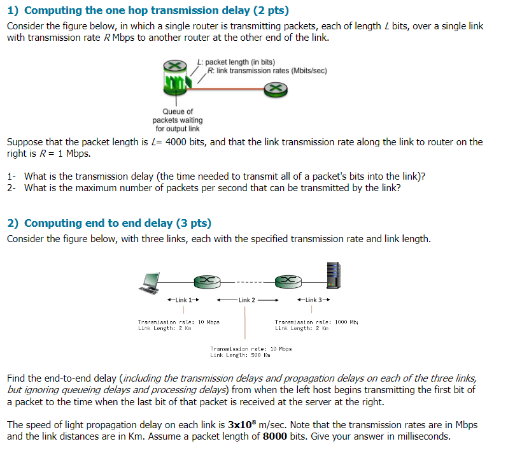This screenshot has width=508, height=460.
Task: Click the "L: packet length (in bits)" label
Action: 236,62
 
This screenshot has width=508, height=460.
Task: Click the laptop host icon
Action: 151,282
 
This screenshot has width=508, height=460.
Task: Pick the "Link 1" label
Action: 183,299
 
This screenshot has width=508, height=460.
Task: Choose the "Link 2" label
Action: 246,300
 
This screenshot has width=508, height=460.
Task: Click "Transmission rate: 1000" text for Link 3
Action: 314,322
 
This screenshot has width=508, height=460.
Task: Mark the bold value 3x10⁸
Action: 246,424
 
